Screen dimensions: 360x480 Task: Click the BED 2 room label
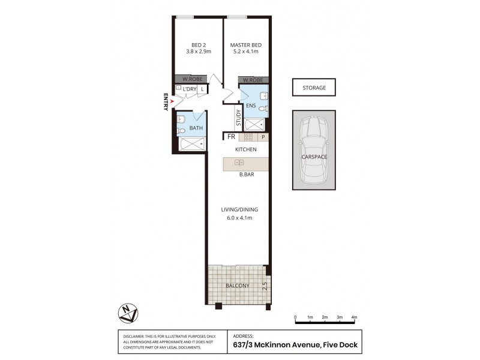(198, 45)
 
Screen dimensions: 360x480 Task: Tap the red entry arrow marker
(173, 101)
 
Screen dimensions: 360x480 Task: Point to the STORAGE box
(314, 88)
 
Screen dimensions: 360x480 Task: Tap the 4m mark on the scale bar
(355, 317)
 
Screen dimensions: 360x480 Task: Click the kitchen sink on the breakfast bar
(239, 163)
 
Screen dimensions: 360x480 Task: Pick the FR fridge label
(230, 137)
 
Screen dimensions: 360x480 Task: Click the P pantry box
(263, 137)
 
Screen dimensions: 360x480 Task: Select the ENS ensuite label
(251, 106)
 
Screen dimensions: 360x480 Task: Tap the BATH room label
(196, 128)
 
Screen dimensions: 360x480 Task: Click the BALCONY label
(238, 286)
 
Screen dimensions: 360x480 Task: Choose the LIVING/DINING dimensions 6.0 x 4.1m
(239, 218)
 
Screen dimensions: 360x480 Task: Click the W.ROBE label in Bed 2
(191, 79)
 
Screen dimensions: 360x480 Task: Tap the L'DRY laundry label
(190, 89)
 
